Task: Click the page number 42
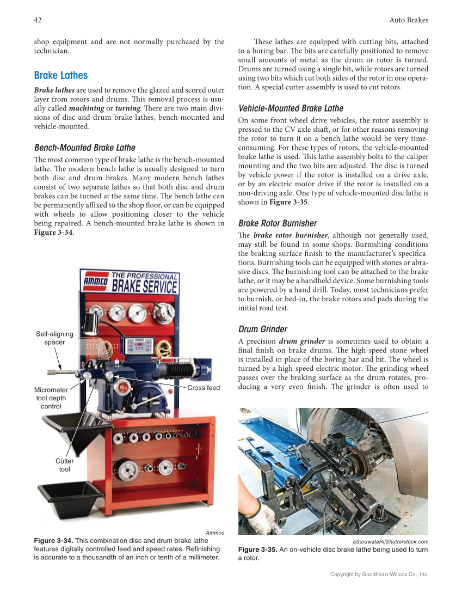point(38,20)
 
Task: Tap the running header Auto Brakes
point(409,20)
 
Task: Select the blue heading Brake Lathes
point(60,75)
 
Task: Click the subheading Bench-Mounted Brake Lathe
point(84,148)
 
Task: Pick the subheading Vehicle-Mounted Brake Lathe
point(291,108)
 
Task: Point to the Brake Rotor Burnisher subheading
point(278,223)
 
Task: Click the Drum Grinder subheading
point(263,329)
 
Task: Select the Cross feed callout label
point(204,388)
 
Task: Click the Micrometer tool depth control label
point(51,398)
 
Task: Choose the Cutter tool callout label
point(64,465)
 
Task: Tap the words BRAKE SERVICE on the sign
point(144,286)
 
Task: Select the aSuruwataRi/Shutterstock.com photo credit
point(390,541)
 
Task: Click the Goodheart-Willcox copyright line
point(379,574)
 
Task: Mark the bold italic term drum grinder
point(299,341)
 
